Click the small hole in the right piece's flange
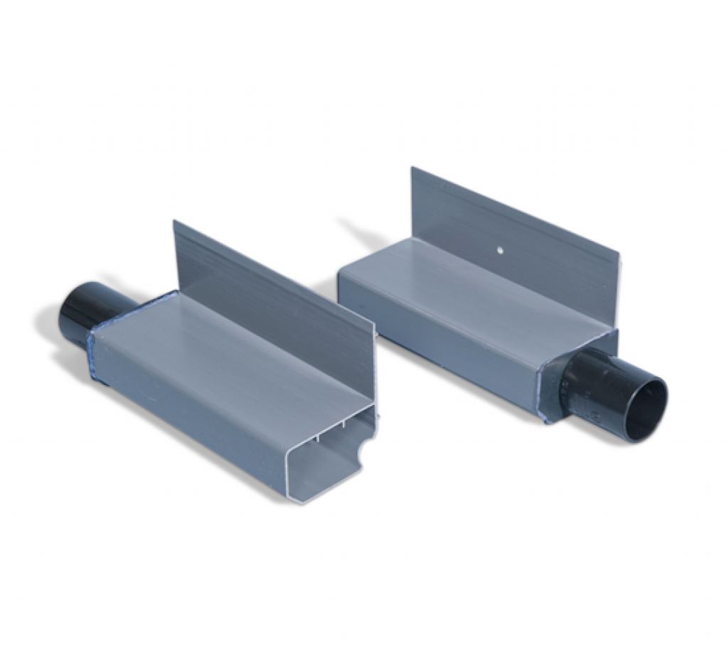pyautogui.click(x=500, y=250)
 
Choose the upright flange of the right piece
pyautogui.click(x=512, y=227)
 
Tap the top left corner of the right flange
pyautogui.click(x=413, y=168)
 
